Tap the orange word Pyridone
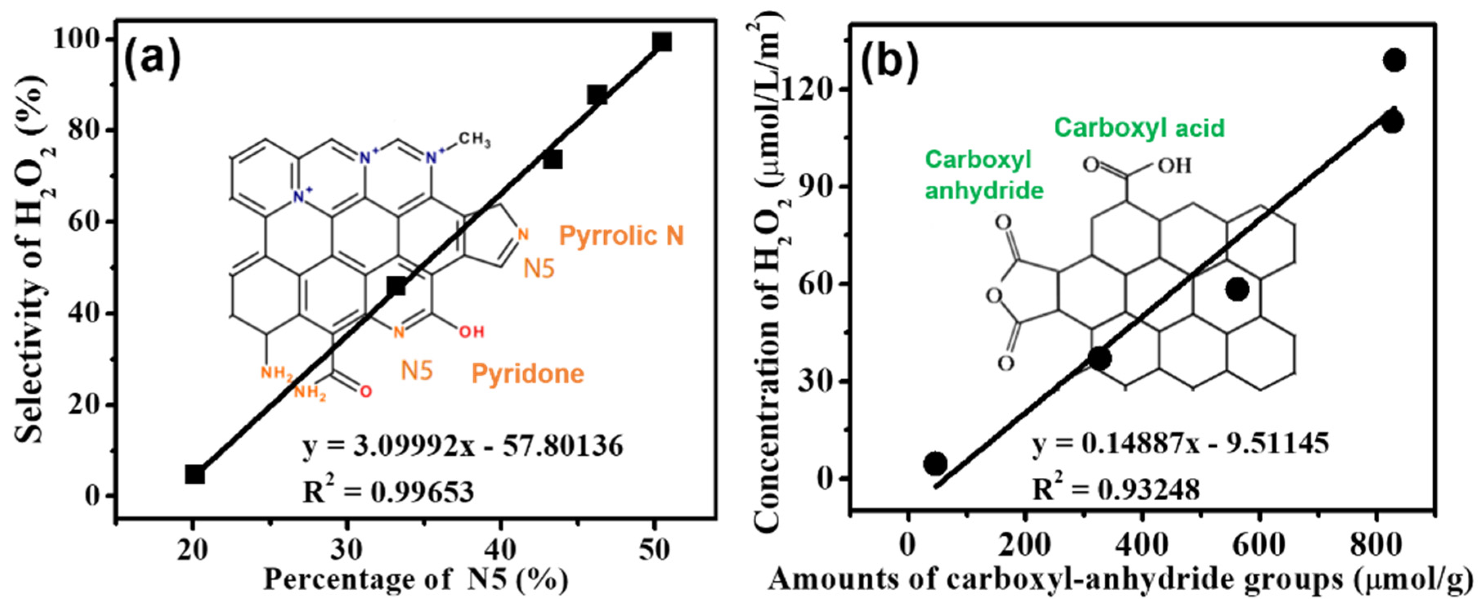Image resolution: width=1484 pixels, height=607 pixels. [x=528, y=373]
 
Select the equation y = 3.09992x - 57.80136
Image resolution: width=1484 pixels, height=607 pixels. [x=463, y=446]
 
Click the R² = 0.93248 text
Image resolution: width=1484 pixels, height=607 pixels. [x=1116, y=490]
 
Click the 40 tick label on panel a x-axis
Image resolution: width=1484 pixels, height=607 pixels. [x=500, y=550]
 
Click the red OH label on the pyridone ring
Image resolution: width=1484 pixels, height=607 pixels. [x=471, y=332]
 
